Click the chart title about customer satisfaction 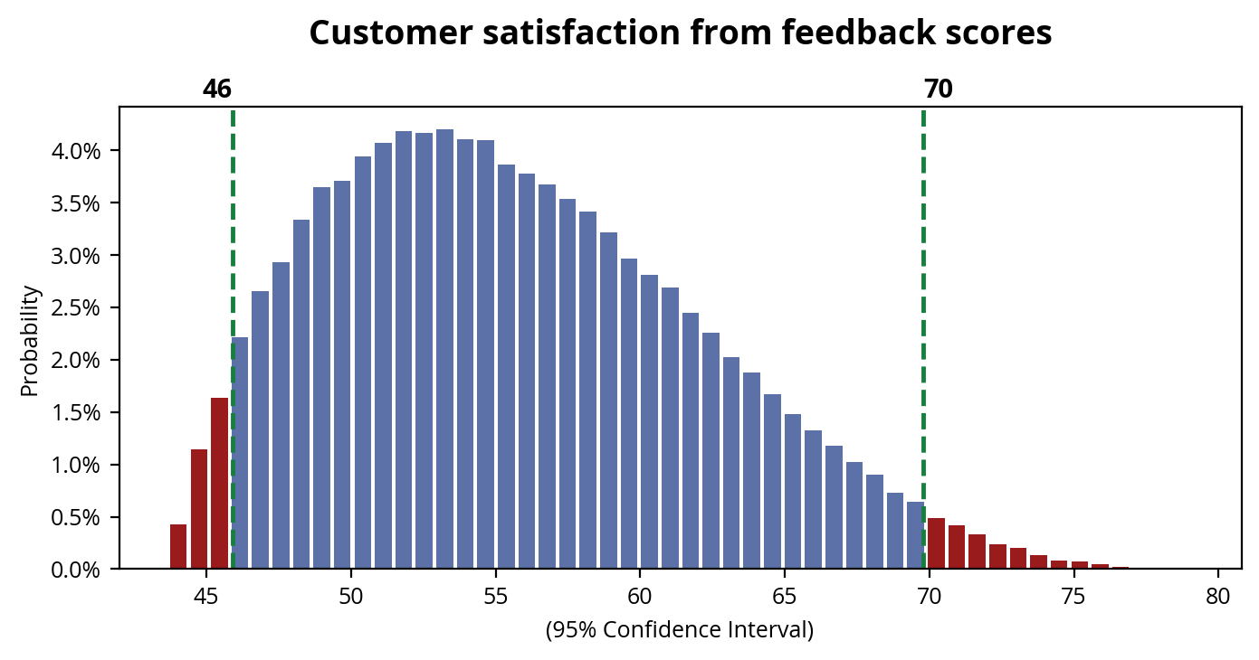click(x=680, y=33)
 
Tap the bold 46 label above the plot click(x=217, y=90)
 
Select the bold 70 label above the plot click(x=939, y=90)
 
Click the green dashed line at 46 click(x=233, y=271)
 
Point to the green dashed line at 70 click(x=923, y=271)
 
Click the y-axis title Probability click(x=30, y=341)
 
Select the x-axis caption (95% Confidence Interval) click(x=680, y=629)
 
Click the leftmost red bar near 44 click(x=178, y=547)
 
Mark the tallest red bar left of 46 click(x=219, y=484)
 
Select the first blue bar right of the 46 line click(x=241, y=453)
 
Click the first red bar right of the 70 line click(x=936, y=543)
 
